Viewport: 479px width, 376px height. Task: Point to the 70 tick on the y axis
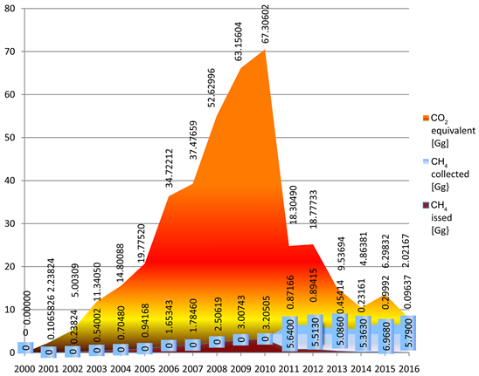coord(9,51)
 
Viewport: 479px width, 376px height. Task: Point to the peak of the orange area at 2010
coord(265,51)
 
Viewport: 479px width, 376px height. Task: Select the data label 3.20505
coord(265,313)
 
